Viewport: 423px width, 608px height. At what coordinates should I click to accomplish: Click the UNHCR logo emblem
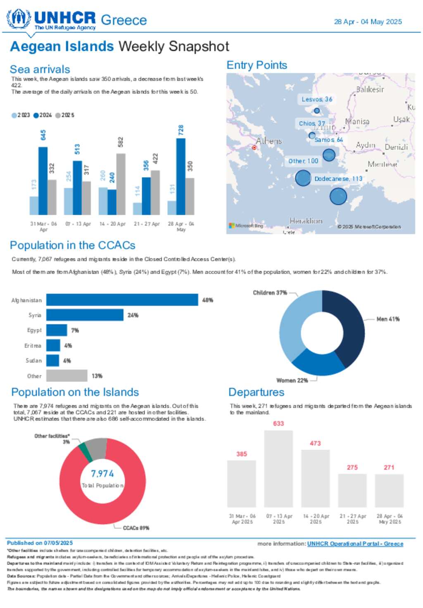tap(19, 19)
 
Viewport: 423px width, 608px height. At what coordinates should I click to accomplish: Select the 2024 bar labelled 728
tap(181, 176)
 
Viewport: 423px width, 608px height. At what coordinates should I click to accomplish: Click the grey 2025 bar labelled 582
tap(121, 184)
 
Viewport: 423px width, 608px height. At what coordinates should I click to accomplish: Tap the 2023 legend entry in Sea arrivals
tap(21, 115)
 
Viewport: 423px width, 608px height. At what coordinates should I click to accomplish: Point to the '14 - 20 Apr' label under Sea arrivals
tap(112, 224)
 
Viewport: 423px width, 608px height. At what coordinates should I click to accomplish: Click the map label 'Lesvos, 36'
tap(317, 99)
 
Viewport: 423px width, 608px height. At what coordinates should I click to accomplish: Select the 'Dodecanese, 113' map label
tap(338, 179)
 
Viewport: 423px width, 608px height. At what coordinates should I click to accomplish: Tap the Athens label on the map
tap(269, 141)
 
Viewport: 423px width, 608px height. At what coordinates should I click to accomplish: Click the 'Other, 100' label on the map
tap(303, 161)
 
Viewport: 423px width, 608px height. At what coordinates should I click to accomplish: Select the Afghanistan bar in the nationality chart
tap(122, 300)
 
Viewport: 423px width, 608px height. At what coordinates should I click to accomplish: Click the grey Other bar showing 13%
tap(67, 376)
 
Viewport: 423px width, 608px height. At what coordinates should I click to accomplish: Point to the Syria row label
tap(35, 315)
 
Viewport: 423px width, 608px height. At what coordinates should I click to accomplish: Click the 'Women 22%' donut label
tap(292, 380)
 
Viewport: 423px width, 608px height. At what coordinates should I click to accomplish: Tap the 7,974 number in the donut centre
tap(102, 474)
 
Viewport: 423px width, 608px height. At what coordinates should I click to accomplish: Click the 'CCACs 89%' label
tap(136, 528)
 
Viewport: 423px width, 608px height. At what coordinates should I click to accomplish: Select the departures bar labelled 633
tap(278, 469)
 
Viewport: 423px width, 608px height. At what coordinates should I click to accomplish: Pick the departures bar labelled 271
tap(389, 491)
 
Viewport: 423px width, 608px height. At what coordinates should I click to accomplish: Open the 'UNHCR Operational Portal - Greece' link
tap(355, 544)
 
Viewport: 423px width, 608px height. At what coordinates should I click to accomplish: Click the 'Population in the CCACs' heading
tap(73, 245)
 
